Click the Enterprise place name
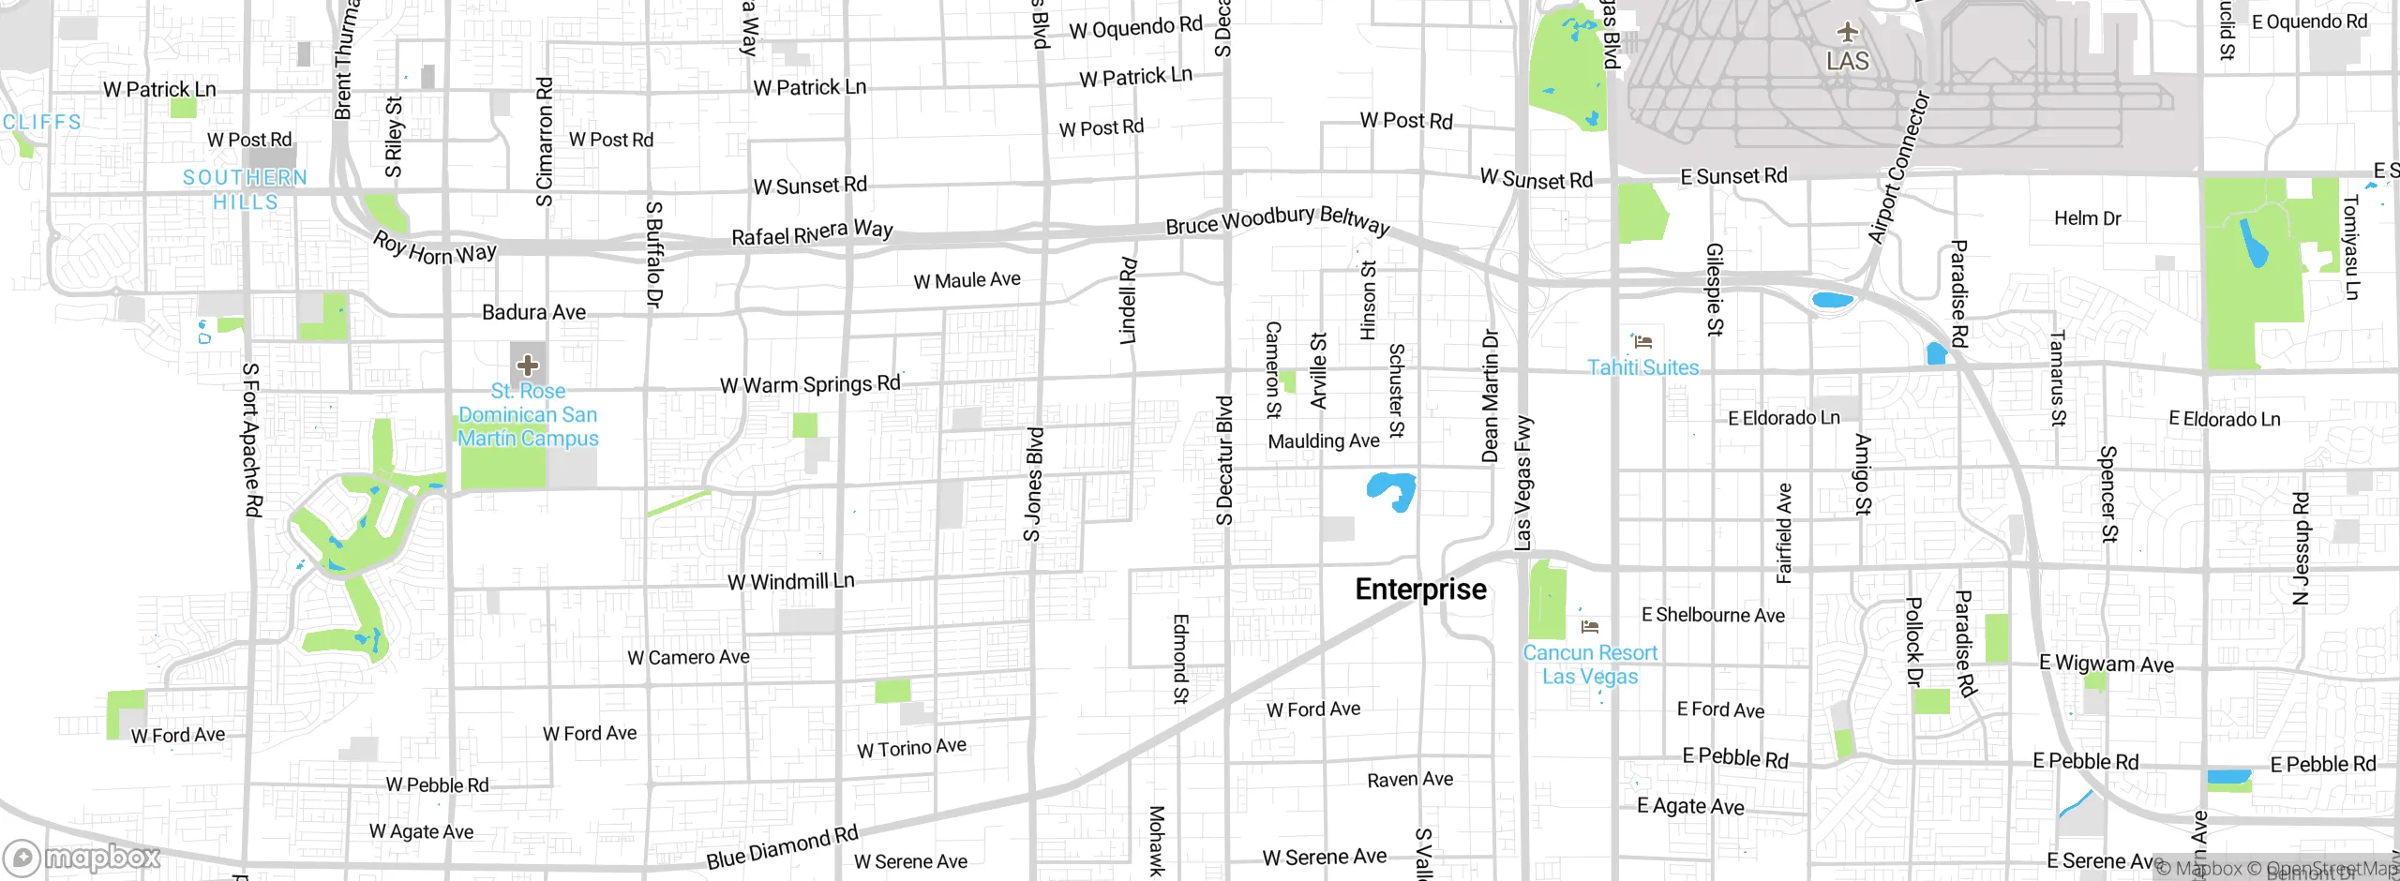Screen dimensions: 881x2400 point(1420,590)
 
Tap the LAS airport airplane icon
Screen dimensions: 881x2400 point(1847,33)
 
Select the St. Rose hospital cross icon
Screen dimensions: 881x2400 point(528,365)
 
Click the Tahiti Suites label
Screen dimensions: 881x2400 point(1642,367)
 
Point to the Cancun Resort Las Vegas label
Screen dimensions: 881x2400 point(1590,664)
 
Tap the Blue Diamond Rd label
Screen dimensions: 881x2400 point(782,847)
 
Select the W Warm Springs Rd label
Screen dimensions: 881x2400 point(810,384)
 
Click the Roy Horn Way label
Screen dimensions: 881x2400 point(434,248)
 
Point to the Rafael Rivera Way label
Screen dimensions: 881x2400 point(812,232)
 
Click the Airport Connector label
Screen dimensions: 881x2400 point(1899,167)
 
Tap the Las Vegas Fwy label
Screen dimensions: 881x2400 point(1523,483)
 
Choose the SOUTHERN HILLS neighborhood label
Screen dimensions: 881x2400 point(245,189)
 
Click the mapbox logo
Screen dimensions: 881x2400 point(82,857)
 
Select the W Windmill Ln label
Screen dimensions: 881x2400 point(791,582)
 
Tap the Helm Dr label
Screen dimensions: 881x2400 point(2087,218)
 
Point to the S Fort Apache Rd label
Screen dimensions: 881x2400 point(251,440)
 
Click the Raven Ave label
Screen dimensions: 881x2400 point(1409,780)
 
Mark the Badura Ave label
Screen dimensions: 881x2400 point(533,312)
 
